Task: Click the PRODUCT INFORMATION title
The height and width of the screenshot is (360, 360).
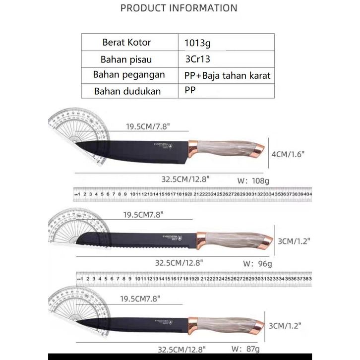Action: click(179, 8)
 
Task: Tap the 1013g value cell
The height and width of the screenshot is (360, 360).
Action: click(197, 43)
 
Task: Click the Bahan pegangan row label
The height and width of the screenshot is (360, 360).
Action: click(129, 75)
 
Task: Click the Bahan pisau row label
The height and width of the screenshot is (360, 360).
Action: click(126, 59)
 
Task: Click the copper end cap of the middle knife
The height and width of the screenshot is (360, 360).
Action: click(265, 241)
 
